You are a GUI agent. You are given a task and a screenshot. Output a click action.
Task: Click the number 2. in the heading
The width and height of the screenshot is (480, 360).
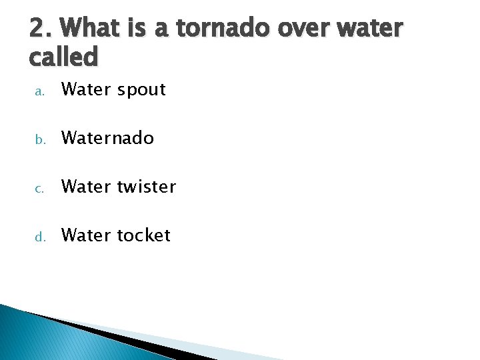(x=41, y=29)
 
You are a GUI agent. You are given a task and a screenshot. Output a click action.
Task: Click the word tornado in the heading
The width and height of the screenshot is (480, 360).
(x=233, y=29)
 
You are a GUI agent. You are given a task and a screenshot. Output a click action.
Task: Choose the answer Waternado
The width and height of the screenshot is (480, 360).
(x=107, y=138)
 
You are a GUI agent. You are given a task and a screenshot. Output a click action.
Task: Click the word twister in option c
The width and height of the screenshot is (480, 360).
(x=147, y=187)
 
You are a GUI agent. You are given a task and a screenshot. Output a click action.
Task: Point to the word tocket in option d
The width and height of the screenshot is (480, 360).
(x=144, y=235)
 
